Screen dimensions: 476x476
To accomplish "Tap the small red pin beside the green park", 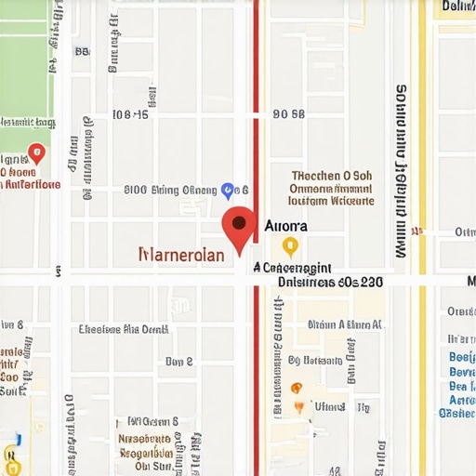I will click(36, 152).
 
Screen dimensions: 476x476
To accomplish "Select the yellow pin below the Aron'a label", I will click(290, 245).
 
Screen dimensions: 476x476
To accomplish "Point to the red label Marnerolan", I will click(180, 255).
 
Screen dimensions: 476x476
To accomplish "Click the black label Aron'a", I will click(285, 225).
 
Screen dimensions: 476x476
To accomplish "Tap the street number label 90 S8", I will click(288, 114).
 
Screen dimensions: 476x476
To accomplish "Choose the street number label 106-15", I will click(129, 114).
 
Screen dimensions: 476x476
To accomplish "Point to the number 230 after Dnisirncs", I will click(371, 281).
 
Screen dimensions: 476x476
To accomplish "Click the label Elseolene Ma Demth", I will click(124, 328).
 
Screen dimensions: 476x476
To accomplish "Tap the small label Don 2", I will click(178, 361).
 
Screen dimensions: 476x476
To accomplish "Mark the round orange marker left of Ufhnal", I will click(297, 388).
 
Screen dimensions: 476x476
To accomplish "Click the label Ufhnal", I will click(329, 406).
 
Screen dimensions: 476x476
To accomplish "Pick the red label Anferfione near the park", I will click(31, 184).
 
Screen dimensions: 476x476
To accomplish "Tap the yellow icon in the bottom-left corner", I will click(11, 456).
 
